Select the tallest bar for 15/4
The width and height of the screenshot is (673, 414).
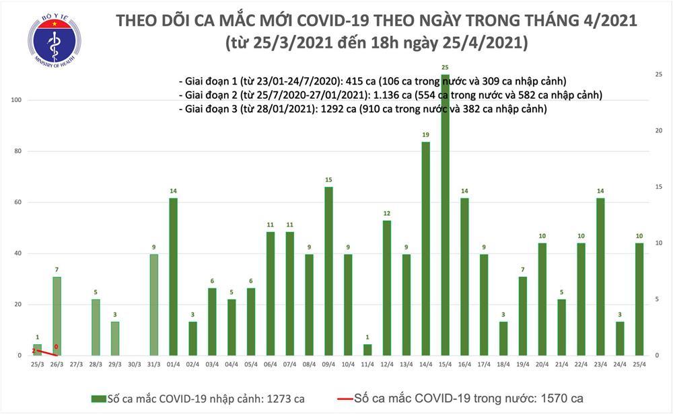pyautogui.click(x=445, y=215)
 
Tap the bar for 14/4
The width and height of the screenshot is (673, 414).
pyautogui.click(x=425, y=249)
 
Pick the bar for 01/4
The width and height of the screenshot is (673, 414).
pyautogui.click(x=173, y=276)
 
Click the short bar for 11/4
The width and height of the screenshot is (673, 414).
pyautogui.click(x=367, y=349)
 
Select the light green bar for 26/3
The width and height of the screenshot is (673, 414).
pyautogui.click(x=57, y=316)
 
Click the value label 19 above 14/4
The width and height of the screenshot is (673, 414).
pyautogui.click(x=425, y=135)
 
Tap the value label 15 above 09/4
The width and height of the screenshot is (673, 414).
pyautogui.click(x=328, y=179)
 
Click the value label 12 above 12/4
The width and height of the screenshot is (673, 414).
pyautogui.click(x=387, y=213)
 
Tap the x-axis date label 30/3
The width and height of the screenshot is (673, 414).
pyautogui.click(x=134, y=364)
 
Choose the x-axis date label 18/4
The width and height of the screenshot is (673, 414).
pyautogui.click(x=503, y=364)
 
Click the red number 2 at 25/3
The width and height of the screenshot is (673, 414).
pyautogui.click(x=34, y=351)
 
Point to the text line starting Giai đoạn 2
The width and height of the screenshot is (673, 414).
pyautogui.click(x=390, y=95)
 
